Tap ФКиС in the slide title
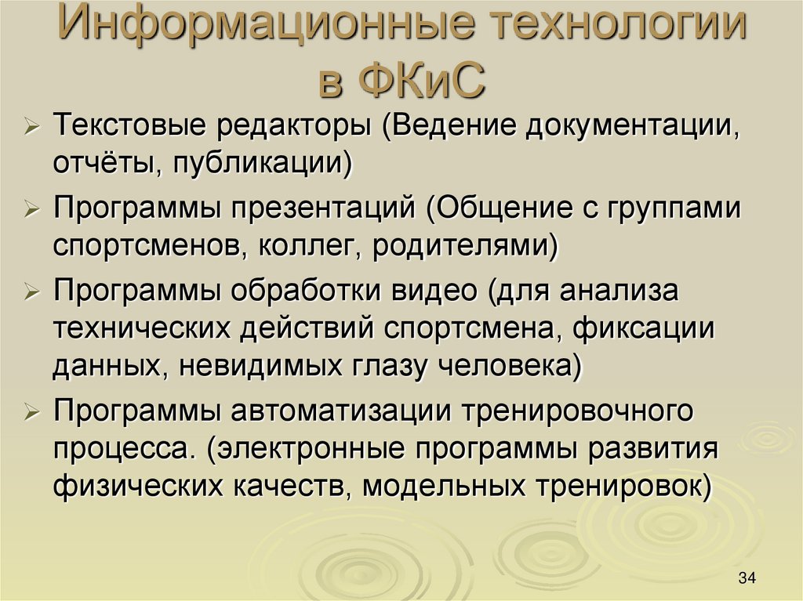[423, 82]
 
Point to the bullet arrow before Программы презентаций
[33, 209]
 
